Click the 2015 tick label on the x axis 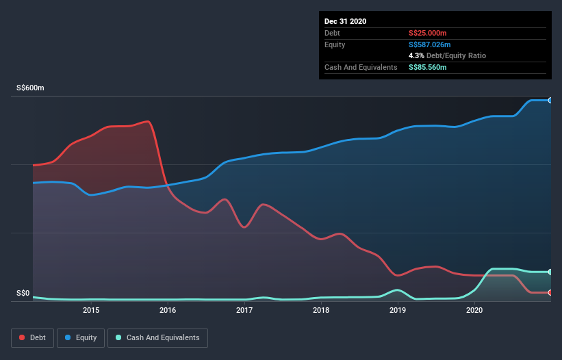coord(91,311)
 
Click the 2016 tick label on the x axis coord(168,311)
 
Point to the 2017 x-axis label coord(244,311)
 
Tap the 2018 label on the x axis coord(321,311)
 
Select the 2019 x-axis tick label coord(398,311)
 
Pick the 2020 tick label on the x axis coord(474,311)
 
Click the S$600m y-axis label coord(30,88)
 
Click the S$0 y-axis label coord(23,294)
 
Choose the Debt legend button coord(32,337)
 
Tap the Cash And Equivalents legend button coord(157,337)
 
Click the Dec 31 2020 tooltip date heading coord(345,21)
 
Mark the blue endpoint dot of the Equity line coord(550,100)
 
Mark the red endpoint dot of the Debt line coord(550,292)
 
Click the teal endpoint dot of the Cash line coord(550,272)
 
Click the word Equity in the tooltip coord(335,44)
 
